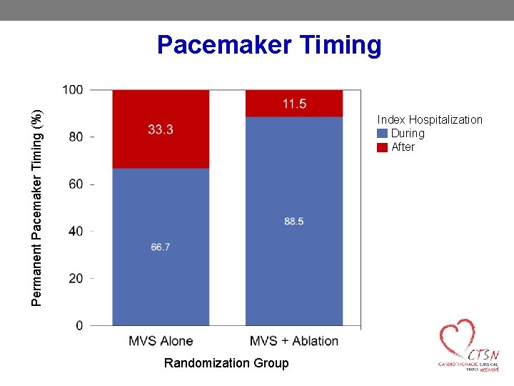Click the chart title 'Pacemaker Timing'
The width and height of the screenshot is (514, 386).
pyautogui.click(x=269, y=45)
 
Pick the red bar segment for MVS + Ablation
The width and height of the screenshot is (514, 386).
pyautogui.click(x=294, y=104)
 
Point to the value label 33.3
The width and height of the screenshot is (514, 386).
pyautogui.click(x=161, y=129)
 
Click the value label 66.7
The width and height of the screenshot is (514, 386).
pyautogui.click(x=161, y=247)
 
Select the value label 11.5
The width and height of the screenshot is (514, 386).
pyautogui.click(x=294, y=104)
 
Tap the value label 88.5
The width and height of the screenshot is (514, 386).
pyautogui.click(x=294, y=222)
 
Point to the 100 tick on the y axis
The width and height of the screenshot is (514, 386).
pyautogui.click(x=73, y=90)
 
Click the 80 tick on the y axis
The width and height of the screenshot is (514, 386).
pyautogui.click(x=76, y=137)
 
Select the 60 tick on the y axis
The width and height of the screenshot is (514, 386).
pyautogui.click(x=76, y=184)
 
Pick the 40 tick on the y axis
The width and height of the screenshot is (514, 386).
pyautogui.click(x=76, y=231)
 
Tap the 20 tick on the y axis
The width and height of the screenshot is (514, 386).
pyautogui.click(x=76, y=278)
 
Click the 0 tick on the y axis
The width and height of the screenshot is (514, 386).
pyautogui.click(x=79, y=325)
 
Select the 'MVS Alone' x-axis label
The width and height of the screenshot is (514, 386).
pyautogui.click(x=161, y=341)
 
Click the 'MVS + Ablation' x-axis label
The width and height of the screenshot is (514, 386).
pyautogui.click(x=294, y=341)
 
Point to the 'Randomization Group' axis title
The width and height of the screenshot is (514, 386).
pyautogui.click(x=226, y=363)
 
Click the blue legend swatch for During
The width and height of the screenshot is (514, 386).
pyautogui.click(x=382, y=134)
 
